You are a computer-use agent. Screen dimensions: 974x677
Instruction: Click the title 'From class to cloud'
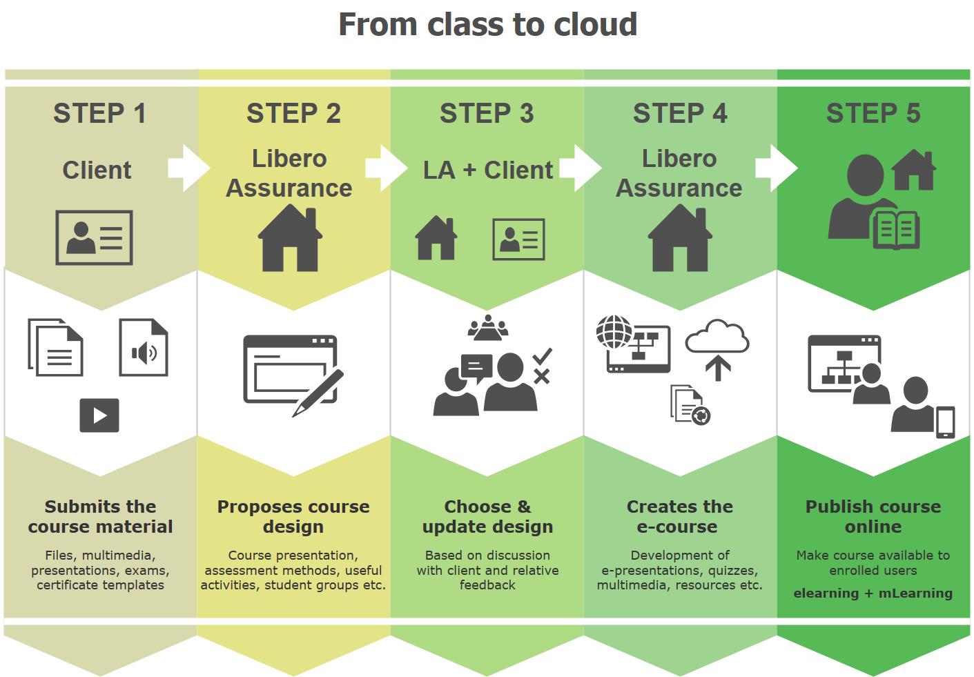487,24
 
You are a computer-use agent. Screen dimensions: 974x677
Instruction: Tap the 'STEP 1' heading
99,113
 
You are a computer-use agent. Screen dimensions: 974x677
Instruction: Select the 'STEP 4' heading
680,113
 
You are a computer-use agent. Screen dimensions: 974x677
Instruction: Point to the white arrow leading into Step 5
777,168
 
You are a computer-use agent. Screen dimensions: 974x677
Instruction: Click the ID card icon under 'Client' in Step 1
94,237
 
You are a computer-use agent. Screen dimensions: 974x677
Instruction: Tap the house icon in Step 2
290,238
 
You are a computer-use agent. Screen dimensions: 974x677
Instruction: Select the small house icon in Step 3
436,238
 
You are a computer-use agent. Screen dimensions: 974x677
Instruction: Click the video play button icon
99,415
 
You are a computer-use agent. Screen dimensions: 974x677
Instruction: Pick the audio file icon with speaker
144,347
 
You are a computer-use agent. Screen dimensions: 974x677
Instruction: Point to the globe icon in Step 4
614,332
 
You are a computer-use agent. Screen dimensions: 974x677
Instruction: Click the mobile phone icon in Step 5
945,422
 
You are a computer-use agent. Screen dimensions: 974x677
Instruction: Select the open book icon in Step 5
896,230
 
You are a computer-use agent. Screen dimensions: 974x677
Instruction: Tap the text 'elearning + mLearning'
873,593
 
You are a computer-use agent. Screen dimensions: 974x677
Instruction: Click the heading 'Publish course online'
873,517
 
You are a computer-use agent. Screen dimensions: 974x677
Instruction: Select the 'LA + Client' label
487,170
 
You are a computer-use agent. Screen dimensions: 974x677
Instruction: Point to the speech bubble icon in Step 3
476,368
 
